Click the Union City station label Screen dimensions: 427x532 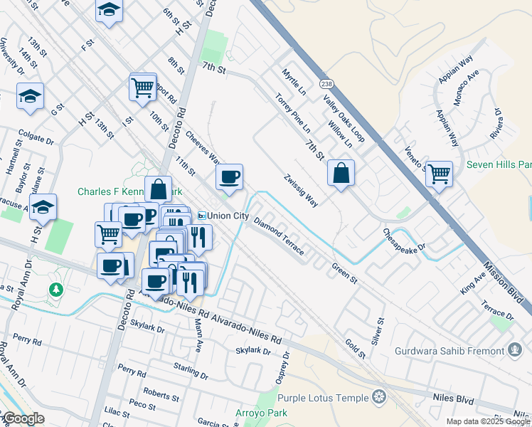[x=223, y=216]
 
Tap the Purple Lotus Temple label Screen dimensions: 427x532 [x=325, y=397]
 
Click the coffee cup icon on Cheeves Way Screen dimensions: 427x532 [x=229, y=177]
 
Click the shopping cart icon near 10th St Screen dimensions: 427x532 [x=142, y=87]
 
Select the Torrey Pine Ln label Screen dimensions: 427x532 [x=292, y=115]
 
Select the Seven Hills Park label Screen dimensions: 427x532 [x=499, y=164]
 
